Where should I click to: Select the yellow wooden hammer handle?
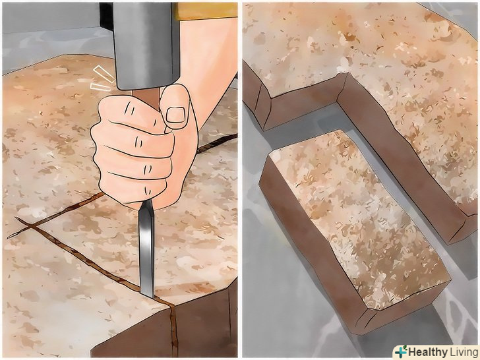pyautogui.click(x=205, y=11)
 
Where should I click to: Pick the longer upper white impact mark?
pyautogui.click(x=104, y=74)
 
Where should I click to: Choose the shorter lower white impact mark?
pyautogui.click(x=101, y=87)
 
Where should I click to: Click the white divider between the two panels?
pyautogui.click(x=240, y=180)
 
